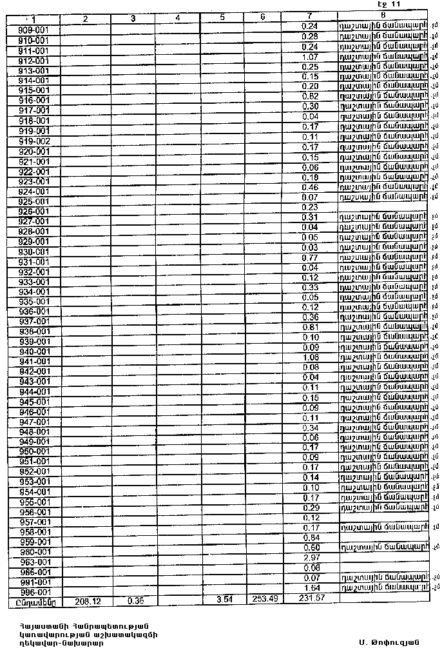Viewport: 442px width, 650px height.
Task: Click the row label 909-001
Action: pyautogui.click(x=30, y=30)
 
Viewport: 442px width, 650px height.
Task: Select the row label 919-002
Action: pyautogui.click(x=30, y=141)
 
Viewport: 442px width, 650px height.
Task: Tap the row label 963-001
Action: pyautogui.click(x=30, y=562)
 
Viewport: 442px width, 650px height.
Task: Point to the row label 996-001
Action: pyautogui.click(x=30, y=593)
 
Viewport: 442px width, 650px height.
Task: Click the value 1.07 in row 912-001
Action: pyautogui.click(x=311, y=57)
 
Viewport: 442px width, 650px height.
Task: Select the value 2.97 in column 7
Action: pyautogui.click(x=311, y=558)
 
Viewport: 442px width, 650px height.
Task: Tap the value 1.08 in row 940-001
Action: pyautogui.click(x=311, y=357)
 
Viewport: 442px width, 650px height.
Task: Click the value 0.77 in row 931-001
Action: pyautogui.click(x=311, y=257)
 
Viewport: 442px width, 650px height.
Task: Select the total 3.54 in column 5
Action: pyautogui.click(x=222, y=600)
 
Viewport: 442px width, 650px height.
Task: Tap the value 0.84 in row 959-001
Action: pyautogui.click(x=311, y=538)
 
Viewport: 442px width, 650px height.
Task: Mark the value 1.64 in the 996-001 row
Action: pyautogui.click(x=311, y=588)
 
